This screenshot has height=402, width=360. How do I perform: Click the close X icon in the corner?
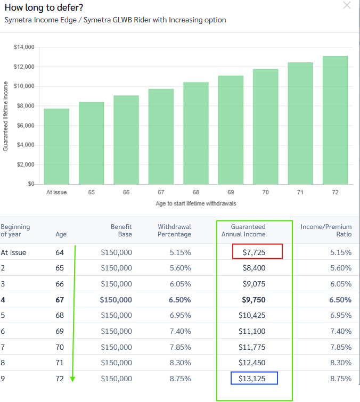click(x=347, y=6)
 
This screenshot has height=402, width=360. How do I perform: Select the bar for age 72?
click(x=335, y=120)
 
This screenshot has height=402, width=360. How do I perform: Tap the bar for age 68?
click(x=196, y=133)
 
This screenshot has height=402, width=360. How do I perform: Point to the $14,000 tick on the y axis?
click(x=24, y=47)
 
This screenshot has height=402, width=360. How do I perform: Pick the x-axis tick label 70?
click(x=265, y=192)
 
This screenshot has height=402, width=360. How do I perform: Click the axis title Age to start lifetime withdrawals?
click(x=196, y=204)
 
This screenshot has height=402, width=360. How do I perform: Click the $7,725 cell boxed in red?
click(x=257, y=252)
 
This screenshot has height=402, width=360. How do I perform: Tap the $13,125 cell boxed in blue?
click(x=255, y=379)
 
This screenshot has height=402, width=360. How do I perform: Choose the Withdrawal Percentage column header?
click(x=174, y=231)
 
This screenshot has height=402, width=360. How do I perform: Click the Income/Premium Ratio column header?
click(x=326, y=231)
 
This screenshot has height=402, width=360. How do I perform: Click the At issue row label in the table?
click(x=13, y=252)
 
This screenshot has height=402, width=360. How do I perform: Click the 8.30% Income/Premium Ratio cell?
click(x=341, y=363)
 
